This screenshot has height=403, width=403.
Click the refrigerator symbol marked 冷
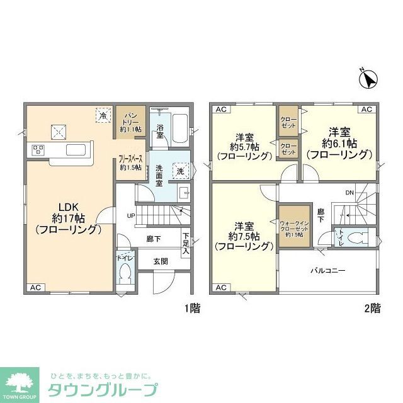pyautogui.click(x=101, y=116)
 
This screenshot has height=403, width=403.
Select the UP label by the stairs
pyautogui.click(x=131, y=216)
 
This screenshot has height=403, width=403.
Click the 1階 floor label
pyautogui.click(x=192, y=309)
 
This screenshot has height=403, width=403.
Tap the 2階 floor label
pyautogui.click(x=371, y=309)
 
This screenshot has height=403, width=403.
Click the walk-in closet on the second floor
pyautogui.click(x=295, y=222)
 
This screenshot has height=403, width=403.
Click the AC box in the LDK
pyautogui.click(x=36, y=287)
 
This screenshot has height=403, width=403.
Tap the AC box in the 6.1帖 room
pyautogui.click(x=366, y=110)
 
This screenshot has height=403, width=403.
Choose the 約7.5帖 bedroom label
pyautogui.click(x=244, y=236)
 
